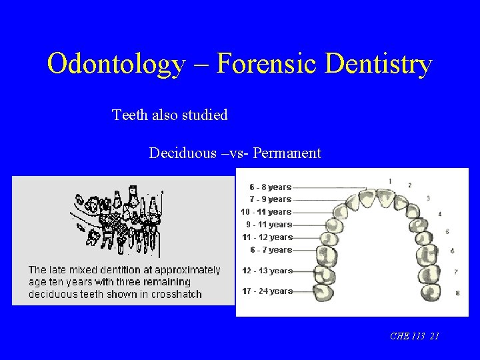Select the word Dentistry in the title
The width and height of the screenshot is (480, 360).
coord(377,65)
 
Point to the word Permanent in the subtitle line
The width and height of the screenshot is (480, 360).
coord(287,153)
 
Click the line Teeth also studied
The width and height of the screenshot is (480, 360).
coord(170,115)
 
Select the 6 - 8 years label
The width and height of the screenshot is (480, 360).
coord(270,187)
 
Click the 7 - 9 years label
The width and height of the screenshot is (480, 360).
coord(270,199)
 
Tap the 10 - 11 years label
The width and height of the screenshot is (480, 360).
coord(266,212)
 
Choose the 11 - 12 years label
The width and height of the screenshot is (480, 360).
coord(267,237)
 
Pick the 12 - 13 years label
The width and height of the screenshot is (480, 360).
coord(267,271)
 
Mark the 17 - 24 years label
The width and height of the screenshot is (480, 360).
coord(267,291)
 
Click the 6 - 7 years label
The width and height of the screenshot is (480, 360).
coord(271,250)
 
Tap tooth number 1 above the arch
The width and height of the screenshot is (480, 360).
coord(390,181)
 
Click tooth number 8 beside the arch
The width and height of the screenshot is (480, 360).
coord(457,293)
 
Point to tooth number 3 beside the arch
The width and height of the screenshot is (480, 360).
coord(428,199)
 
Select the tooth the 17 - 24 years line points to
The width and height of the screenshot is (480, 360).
coord(327,292)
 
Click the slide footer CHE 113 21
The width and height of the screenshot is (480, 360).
coord(414,337)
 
